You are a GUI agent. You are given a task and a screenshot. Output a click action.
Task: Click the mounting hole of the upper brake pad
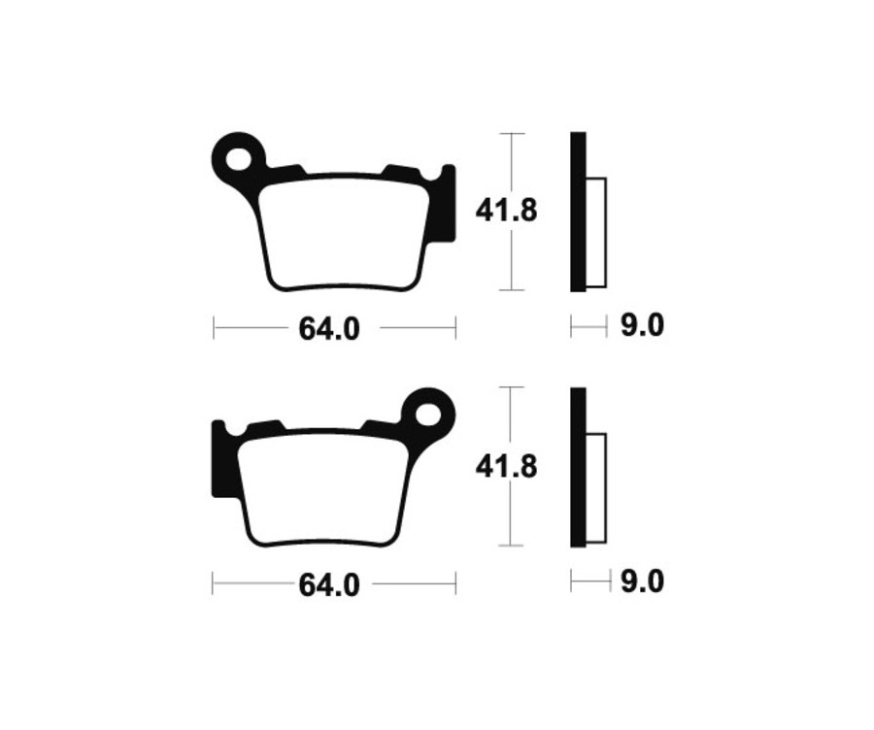pyautogui.click(x=238, y=156)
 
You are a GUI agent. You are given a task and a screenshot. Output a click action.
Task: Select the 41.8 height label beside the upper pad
pyautogui.click(x=506, y=211)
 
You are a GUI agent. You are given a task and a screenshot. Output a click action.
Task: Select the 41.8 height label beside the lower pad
pyautogui.click(x=506, y=467)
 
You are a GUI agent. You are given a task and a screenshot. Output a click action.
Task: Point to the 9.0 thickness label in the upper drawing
pyautogui.click(x=641, y=326)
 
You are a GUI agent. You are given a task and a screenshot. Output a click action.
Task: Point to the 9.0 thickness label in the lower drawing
pyautogui.click(x=641, y=582)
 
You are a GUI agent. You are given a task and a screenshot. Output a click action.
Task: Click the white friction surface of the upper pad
pyautogui.click(x=345, y=233)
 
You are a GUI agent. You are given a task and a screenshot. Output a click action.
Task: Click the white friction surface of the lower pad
pyautogui.click(x=321, y=489)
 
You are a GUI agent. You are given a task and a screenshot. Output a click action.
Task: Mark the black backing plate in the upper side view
pyautogui.click(x=578, y=211)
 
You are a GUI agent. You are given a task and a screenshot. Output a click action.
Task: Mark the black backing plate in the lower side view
pyautogui.click(x=578, y=467)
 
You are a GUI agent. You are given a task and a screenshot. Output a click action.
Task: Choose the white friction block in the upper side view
pyautogui.click(x=596, y=232)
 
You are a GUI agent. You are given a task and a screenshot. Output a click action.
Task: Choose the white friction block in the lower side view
pyautogui.click(x=596, y=487)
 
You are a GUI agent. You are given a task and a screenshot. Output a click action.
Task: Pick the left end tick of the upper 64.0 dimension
pyautogui.click(x=214, y=328)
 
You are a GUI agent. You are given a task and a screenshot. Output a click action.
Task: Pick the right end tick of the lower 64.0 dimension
pyautogui.click(x=454, y=584)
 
